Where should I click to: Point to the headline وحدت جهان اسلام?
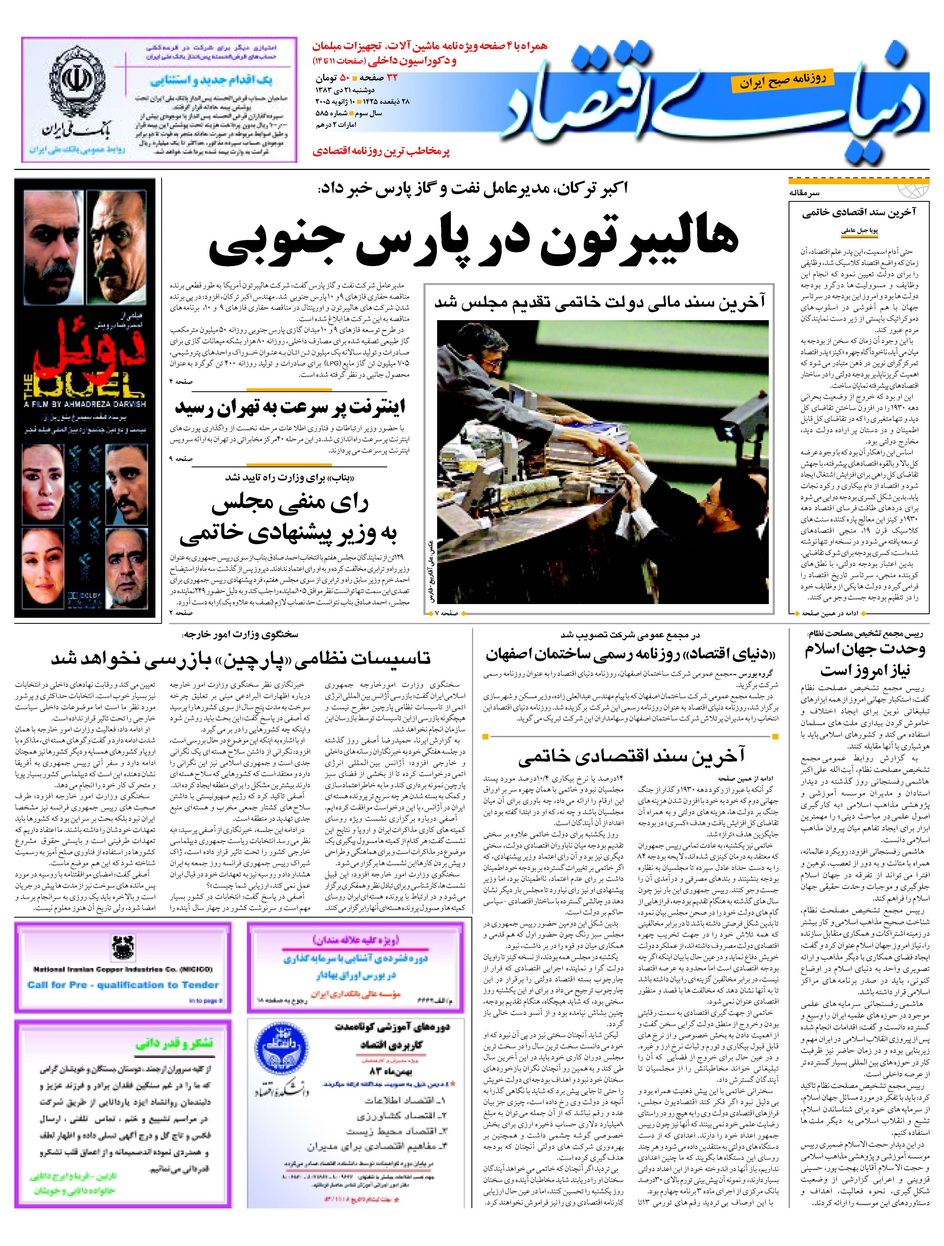coord(865,649)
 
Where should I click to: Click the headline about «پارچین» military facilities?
coord(241,658)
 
